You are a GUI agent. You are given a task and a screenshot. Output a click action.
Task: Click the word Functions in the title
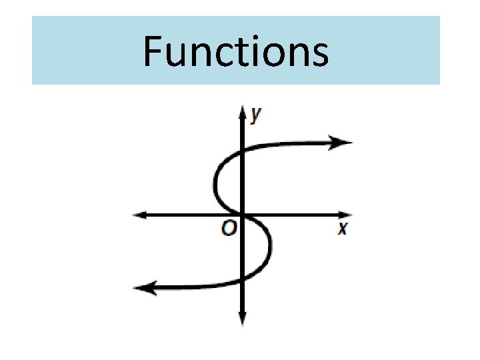[x=236, y=52]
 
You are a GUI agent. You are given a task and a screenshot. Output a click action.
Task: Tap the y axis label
[x=256, y=115]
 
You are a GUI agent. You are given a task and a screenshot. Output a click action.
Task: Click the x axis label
[x=342, y=229]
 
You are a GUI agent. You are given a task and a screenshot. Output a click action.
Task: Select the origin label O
[x=229, y=229]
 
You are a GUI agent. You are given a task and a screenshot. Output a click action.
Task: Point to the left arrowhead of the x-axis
[x=139, y=215]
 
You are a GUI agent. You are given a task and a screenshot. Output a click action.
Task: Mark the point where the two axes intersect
[x=241, y=215]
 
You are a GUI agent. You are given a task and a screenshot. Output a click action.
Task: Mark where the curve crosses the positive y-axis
[x=241, y=151]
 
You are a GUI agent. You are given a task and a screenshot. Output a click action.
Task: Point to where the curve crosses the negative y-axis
[x=241, y=279]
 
